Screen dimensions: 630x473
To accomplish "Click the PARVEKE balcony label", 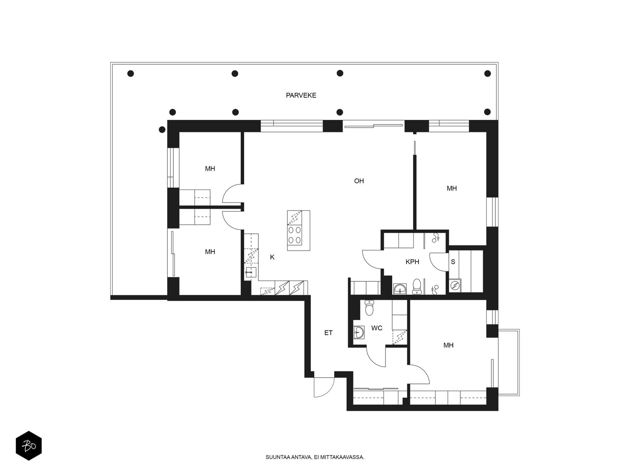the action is coord(301,95).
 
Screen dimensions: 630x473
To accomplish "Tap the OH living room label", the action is coord(359,181).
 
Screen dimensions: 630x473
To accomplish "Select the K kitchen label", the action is coord(272,257).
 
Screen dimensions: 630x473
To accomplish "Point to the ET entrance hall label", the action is coord(328,333).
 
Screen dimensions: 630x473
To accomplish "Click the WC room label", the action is coord(376,328).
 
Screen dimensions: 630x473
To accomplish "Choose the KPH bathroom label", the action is coord(412,262).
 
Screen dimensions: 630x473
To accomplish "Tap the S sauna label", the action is coord(453,262).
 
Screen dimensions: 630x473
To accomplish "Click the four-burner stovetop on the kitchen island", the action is coord(295,235).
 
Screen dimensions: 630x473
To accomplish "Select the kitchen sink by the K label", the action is coord(251,272).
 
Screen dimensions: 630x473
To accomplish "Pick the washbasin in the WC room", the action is coord(358,333).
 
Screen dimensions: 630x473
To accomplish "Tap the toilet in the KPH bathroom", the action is coord(417,286).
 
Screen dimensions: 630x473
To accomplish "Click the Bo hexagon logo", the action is coord(29,446).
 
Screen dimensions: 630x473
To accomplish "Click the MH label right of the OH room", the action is coord(452,188).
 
